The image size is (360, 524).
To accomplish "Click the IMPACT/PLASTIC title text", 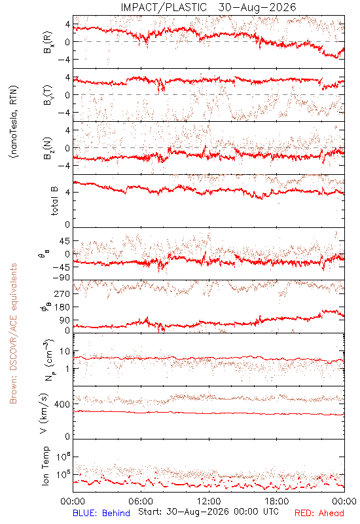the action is pyautogui.click(x=164, y=7).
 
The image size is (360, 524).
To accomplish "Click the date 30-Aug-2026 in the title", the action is pyautogui.click(x=257, y=7).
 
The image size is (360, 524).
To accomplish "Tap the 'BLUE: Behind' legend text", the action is pyautogui.click(x=101, y=513).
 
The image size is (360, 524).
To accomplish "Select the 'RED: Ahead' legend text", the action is pyautogui.click(x=319, y=513).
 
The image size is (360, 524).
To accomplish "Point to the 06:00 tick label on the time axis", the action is pyautogui.click(x=141, y=501).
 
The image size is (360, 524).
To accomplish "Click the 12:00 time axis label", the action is pyautogui.click(x=209, y=501).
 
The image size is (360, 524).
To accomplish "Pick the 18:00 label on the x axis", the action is pyautogui.click(x=277, y=501).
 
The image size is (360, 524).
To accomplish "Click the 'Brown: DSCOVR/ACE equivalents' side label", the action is pyautogui.click(x=13, y=333).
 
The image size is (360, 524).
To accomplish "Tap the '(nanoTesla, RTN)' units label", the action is pyautogui.click(x=14, y=122).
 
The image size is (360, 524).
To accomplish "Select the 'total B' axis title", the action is pyautogui.click(x=54, y=201).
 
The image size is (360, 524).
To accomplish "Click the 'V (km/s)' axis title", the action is pyautogui.click(x=44, y=413).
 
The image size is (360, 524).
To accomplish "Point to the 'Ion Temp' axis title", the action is pyautogui.click(x=45, y=466).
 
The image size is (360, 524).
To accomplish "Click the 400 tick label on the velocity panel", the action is pyautogui.click(x=62, y=404).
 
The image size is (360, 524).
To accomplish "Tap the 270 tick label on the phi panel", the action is pyautogui.click(x=62, y=293).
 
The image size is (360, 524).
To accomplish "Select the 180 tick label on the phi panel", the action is pyautogui.click(x=62, y=307).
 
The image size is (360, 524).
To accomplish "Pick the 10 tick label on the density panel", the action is pyautogui.click(x=65, y=351).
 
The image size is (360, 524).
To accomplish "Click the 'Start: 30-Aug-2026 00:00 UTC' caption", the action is pyautogui.click(x=208, y=512).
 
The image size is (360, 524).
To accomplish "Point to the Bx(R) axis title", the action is pyautogui.click(x=48, y=42).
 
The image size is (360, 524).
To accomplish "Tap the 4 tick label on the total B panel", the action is pyautogui.click(x=67, y=193).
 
